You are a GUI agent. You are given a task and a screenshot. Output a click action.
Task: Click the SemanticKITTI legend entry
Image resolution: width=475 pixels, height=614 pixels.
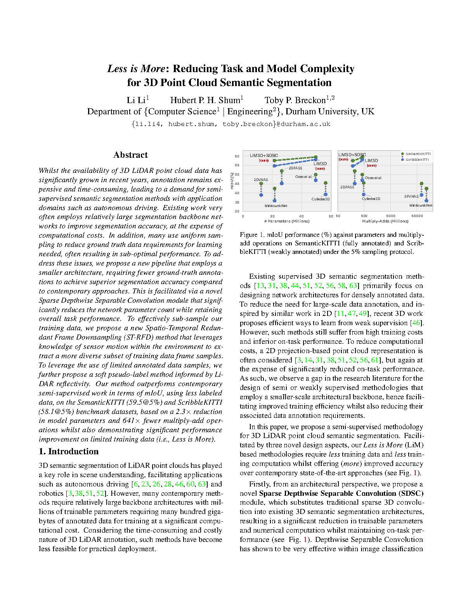[x=418, y=154]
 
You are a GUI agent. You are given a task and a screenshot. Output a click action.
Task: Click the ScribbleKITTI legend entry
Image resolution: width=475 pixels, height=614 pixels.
[x=417, y=159]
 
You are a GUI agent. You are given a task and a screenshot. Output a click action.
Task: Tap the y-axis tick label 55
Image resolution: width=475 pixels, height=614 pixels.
[x=237, y=165]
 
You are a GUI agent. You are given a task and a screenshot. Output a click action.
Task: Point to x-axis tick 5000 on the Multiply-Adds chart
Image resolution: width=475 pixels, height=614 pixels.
[x=390, y=216]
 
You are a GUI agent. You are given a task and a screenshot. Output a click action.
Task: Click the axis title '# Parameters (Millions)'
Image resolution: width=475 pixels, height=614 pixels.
[x=287, y=221]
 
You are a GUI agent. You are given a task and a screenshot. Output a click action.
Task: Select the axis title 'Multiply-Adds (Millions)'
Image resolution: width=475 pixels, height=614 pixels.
[x=385, y=221]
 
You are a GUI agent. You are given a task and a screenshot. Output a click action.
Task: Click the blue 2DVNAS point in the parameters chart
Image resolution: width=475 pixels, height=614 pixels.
[x=261, y=195]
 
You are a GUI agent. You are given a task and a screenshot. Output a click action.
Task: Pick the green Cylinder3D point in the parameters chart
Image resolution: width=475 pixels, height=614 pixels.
[x=326, y=183]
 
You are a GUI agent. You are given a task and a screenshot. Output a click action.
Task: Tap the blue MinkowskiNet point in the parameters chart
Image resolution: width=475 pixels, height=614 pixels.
[x=275, y=200]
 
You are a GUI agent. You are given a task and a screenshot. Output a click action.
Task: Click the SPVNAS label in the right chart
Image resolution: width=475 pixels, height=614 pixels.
[x=411, y=197]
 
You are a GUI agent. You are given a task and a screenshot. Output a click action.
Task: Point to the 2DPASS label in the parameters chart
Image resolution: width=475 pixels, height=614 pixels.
[x=295, y=168]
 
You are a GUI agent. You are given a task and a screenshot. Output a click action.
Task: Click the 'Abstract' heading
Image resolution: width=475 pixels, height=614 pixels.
[x=130, y=155]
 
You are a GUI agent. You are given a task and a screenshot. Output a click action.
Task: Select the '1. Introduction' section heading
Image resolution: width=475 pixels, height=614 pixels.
[x=69, y=452]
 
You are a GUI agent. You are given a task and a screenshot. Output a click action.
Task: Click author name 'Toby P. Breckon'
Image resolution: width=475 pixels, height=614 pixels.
[x=295, y=100]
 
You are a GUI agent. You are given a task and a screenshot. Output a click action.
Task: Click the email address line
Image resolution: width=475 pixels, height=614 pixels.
[x=231, y=124]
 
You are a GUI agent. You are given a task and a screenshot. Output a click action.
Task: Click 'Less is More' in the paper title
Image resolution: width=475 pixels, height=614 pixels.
[x=136, y=69]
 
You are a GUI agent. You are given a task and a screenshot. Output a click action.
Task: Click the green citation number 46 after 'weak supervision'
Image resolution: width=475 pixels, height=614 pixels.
[x=416, y=323]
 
